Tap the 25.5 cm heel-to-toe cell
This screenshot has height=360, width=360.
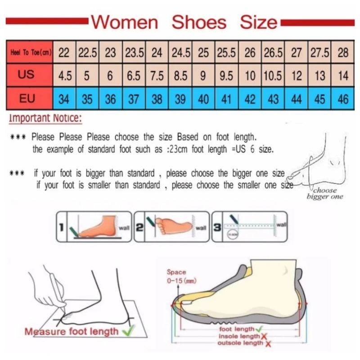[x=226, y=53]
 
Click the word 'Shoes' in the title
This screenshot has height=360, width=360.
[x=199, y=22]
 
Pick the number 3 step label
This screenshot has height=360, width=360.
[x=217, y=228]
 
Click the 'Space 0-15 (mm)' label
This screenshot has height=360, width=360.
[x=176, y=276]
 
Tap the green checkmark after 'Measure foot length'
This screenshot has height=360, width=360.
[x=128, y=332]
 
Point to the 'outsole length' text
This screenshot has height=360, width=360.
[x=240, y=343]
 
